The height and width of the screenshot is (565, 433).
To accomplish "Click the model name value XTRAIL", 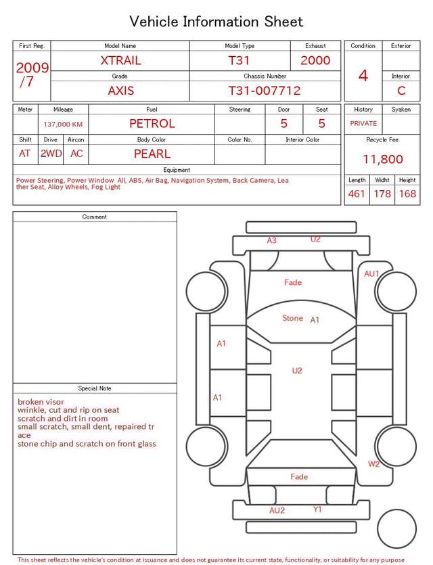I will (120, 60).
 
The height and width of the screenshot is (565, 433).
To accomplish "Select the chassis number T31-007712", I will (264, 91).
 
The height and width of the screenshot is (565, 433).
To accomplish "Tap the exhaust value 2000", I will (315, 60).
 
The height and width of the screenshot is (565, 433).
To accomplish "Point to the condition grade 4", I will (363, 76).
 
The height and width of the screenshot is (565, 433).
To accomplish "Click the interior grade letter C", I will (401, 91).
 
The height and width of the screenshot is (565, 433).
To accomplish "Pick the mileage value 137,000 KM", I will (63, 125).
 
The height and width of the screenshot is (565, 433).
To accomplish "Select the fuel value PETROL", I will (152, 124).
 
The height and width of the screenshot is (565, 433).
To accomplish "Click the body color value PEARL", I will (152, 154).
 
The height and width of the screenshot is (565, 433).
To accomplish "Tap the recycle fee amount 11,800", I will (382, 160).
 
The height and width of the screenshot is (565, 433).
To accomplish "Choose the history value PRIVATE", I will (363, 124).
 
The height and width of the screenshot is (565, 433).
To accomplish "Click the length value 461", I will (357, 194).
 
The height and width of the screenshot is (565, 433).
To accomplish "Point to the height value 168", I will (407, 194).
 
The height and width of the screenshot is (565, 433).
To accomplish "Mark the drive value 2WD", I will (51, 154).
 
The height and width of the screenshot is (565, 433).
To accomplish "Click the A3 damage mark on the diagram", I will (271, 240).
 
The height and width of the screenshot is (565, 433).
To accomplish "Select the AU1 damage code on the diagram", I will (371, 274).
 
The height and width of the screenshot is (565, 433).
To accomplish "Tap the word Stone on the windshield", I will (292, 318).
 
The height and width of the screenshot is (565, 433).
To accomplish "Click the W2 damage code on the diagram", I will (373, 464).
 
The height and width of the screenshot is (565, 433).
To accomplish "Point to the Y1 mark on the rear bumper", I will (317, 510).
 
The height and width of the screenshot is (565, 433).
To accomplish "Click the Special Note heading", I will (95, 388).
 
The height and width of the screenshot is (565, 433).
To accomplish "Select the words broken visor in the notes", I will (41, 402).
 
